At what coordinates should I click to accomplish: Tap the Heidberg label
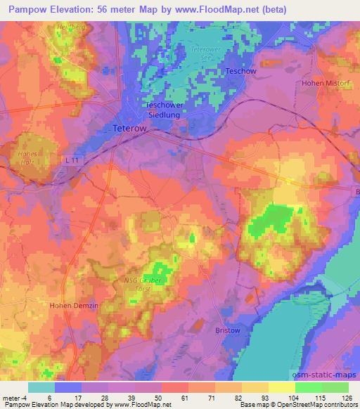(x=65, y=28)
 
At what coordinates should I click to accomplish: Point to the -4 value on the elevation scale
(x=21, y=398)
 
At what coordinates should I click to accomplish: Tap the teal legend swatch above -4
(x=41, y=387)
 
